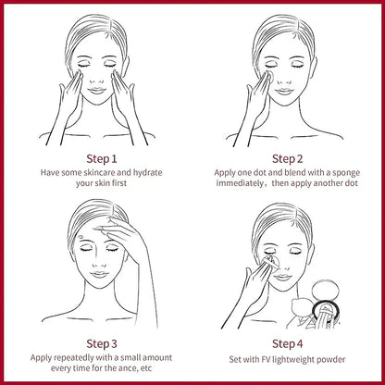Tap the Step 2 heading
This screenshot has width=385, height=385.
[287, 156]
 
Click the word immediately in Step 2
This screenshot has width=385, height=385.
[249, 184]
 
